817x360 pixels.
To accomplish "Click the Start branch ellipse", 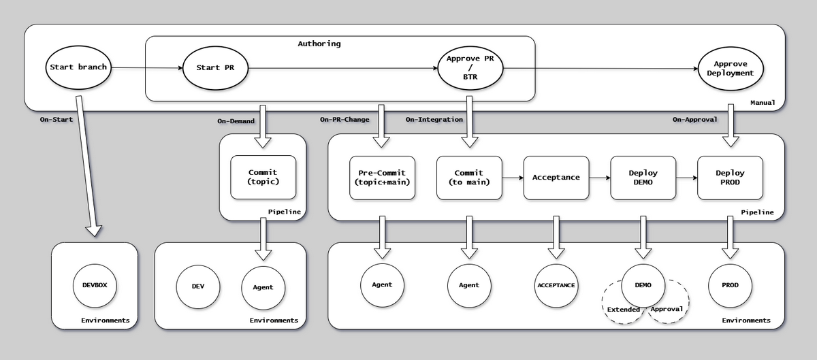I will point(78,67).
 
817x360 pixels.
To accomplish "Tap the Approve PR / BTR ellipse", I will point(470,67).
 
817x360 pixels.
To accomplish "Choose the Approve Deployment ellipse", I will point(729,68).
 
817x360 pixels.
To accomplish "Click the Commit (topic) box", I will point(263,178).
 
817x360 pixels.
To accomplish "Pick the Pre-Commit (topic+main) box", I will point(382,178).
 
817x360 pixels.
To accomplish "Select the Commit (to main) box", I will point(469,178).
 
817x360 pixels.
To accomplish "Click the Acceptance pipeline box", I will point(556,178).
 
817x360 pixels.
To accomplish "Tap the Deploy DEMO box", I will point(643,178).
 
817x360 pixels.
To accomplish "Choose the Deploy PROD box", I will point(731,178).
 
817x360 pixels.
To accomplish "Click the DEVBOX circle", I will point(95,285).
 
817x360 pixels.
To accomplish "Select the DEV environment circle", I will point(198,287).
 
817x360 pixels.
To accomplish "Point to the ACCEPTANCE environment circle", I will point(556,285).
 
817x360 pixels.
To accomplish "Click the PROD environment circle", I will point(731,285).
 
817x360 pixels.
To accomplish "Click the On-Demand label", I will point(236,120).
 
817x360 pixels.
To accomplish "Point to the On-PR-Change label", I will point(345,120).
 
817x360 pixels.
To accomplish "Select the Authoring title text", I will point(319,44).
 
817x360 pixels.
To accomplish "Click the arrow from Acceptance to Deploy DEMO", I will point(599,178).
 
